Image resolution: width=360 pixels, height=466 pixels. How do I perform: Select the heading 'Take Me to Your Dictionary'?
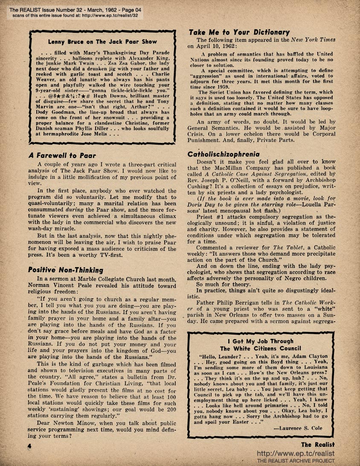point(239,32)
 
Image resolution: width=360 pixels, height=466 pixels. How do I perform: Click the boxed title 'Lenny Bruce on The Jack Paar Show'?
point(99,42)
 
